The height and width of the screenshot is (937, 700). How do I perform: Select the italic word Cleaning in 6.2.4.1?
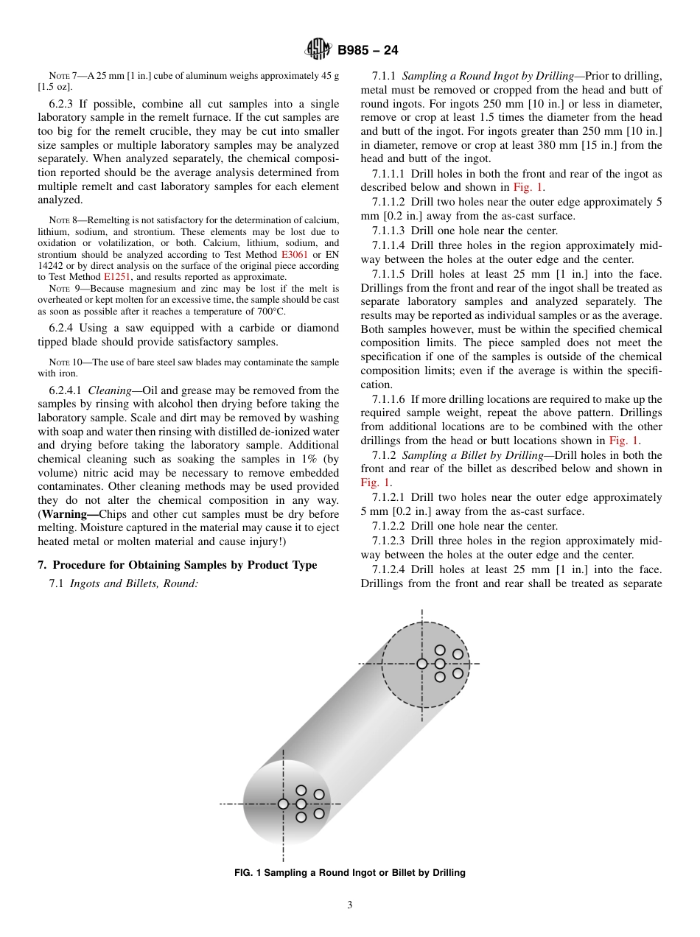pyautogui.click(x=110, y=390)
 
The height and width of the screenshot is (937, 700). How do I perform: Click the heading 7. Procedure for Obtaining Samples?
pyautogui.click(x=177, y=565)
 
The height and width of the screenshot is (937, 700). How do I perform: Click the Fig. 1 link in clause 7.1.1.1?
pyautogui.click(x=529, y=187)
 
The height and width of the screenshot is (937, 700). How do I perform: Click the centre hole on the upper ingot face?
pyautogui.click(x=422, y=664)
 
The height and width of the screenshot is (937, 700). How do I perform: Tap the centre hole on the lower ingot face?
pyautogui.click(x=283, y=804)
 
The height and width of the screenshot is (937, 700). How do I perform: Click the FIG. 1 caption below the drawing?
pyautogui.click(x=349, y=873)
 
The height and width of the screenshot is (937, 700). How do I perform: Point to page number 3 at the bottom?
pyautogui.click(x=349, y=905)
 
